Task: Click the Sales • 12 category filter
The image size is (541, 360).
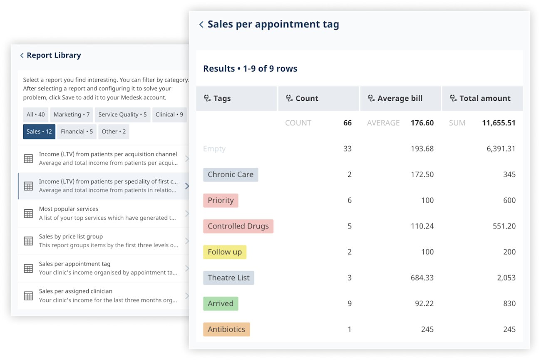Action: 39,132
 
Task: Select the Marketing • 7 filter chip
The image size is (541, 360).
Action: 72,114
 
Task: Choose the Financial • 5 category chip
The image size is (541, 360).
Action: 77,132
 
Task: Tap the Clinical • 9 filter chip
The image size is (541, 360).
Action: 169,114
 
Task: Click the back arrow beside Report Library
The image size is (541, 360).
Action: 22,55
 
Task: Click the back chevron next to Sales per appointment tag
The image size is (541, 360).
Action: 201,25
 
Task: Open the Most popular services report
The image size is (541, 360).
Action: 104,213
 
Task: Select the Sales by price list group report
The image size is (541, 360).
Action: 104,241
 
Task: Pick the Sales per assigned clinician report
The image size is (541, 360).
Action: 104,295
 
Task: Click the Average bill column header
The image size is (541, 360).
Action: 400,99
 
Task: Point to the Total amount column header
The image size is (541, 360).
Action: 485,99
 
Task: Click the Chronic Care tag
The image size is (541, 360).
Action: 231,175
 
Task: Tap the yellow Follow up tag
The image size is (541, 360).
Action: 225,252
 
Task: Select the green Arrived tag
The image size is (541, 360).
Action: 221,304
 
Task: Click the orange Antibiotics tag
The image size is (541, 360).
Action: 226,330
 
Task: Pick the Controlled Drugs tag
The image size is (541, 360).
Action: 238,226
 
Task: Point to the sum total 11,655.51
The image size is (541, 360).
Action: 499,123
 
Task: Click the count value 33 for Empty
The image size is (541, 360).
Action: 347,149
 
